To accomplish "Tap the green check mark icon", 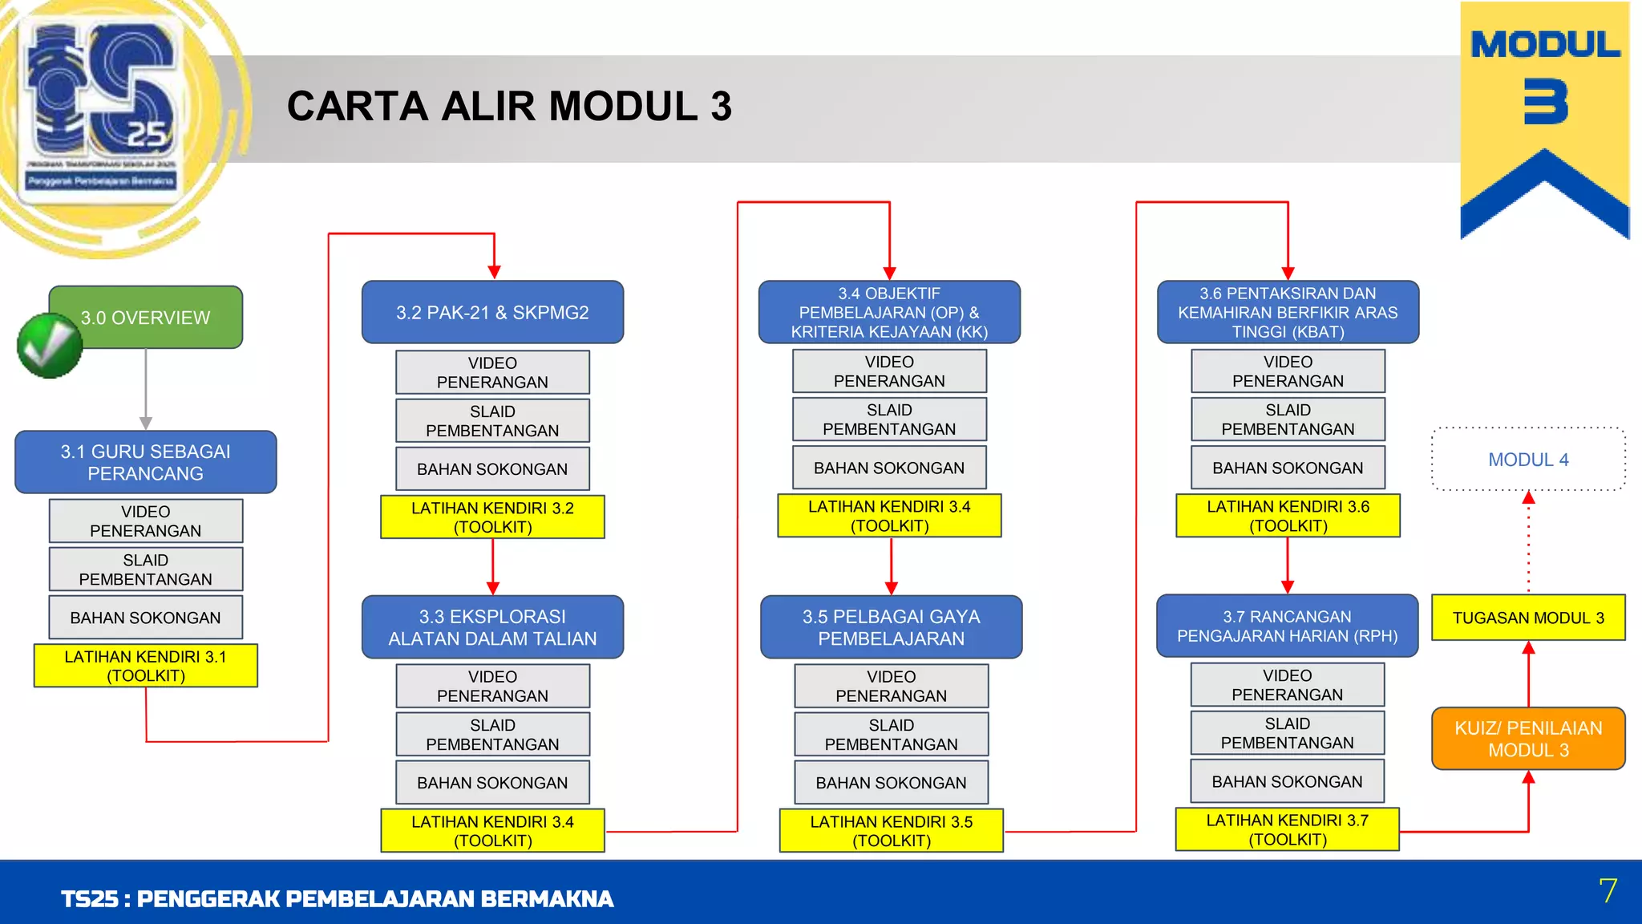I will point(49,346).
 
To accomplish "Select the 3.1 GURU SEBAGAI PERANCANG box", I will point(145,462).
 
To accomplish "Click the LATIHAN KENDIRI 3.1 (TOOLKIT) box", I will point(145,666).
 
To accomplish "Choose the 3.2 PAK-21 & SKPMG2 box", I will point(492,312).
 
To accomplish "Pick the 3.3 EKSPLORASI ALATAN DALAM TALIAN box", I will point(492,627).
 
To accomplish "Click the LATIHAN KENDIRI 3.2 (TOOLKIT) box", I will point(492,517).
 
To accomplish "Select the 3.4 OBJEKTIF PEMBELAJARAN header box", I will point(889,312).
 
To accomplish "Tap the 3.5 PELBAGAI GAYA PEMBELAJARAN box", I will point(891,627).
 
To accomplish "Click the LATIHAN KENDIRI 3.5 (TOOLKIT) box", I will point(891,831).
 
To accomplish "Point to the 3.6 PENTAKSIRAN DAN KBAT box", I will point(1288,312).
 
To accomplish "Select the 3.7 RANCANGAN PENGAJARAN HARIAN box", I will point(1287,626).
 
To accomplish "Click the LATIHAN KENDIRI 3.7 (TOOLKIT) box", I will point(1287,829).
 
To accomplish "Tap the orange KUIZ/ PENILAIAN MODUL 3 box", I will point(1528,739).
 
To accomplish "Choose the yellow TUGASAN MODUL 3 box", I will point(1528,618).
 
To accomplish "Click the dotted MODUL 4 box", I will point(1528,460).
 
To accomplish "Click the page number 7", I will point(1608,890).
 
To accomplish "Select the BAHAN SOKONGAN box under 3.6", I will point(1288,468).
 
